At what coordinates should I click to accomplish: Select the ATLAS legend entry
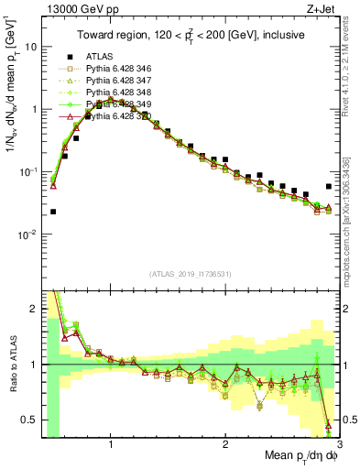[x=101, y=56]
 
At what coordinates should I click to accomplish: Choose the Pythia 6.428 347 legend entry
[x=116, y=81]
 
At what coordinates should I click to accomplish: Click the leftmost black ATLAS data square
[x=53, y=212]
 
